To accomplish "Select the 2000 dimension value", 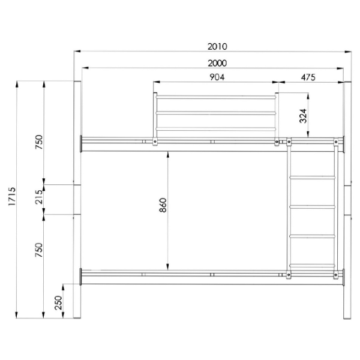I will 214,63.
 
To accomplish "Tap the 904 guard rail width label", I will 217,77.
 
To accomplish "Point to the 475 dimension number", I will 307,77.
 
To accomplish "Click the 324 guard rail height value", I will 303,116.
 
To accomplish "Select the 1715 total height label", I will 13,198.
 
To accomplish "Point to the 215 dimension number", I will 38,197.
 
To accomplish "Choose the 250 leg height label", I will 58,304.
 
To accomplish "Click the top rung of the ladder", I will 312,178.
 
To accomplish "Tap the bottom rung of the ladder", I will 312,265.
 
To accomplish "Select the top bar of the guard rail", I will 217,95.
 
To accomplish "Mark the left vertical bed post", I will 77,198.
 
